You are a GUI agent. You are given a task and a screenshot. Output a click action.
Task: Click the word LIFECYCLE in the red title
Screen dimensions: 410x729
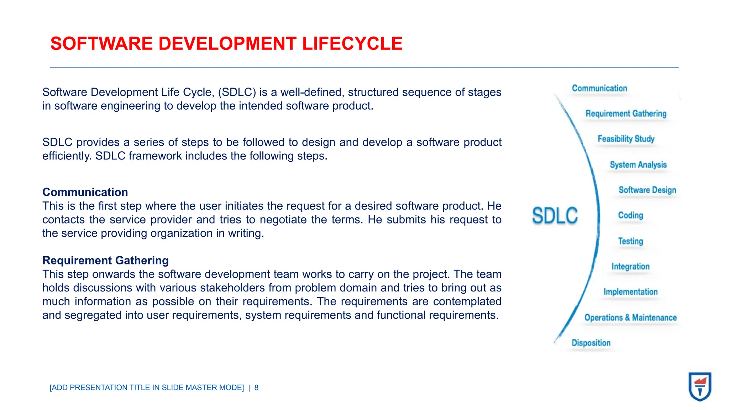click(x=352, y=44)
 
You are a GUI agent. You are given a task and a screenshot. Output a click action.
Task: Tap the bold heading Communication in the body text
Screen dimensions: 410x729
click(x=85, y=192)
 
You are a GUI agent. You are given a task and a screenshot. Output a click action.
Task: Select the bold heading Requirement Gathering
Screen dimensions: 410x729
click(x=105, y=261)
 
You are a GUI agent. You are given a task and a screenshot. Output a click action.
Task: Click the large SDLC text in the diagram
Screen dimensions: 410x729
click(x=555, y=216)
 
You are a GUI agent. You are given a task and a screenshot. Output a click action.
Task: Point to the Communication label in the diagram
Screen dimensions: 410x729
click(x=599, y=88)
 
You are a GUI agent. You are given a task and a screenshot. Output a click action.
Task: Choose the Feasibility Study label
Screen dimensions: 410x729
click(x=626, y=139)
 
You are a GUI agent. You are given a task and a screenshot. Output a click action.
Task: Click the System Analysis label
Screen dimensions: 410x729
click(x=638, y=165)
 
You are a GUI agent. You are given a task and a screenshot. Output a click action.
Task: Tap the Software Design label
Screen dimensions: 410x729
click(x=647, y=190)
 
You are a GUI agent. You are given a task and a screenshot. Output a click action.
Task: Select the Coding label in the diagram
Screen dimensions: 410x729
click(x=630, y=215)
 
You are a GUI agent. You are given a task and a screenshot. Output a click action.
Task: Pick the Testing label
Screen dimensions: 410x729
click(x=630, y=241)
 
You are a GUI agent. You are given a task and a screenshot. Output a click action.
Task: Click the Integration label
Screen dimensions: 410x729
click(x=630, y=267)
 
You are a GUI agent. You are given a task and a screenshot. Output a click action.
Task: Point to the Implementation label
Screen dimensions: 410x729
click(x=630, y=292)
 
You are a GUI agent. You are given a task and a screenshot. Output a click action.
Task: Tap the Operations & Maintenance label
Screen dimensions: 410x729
click(x=630, y=317)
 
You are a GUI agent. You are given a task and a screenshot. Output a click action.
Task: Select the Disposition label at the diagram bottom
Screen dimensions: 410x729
click(x=591, y=343)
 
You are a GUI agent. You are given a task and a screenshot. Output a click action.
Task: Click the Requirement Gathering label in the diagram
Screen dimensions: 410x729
click(x=626, y=114)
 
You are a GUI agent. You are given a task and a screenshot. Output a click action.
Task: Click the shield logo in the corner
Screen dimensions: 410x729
click(x=700, y=387)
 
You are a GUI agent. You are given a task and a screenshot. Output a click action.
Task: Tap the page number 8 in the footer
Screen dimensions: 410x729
click(x=256, y=388)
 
